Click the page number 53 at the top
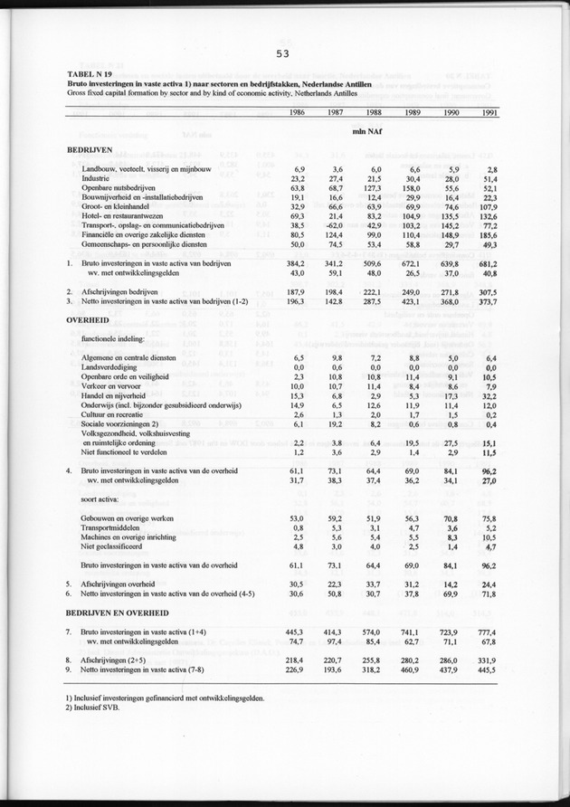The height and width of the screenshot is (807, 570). point(283,53)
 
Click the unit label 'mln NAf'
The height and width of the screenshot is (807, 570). point(370,134)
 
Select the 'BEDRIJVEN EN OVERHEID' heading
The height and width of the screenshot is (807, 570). point(116,612)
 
